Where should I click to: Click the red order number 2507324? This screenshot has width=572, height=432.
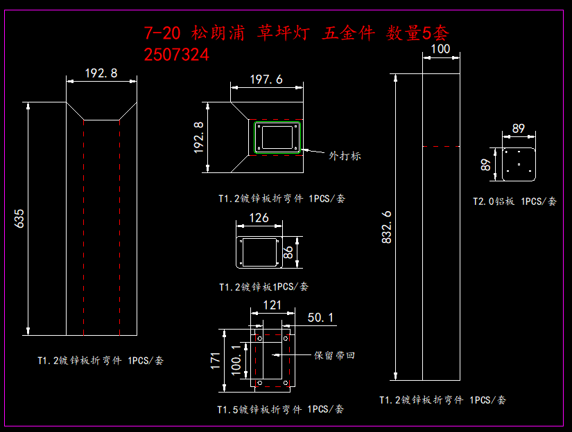tap(177, 54)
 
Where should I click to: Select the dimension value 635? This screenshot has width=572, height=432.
tap(19, 219)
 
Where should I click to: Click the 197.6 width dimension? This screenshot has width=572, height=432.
tap(266, 80)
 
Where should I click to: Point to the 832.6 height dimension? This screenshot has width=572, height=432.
tap(386, 226)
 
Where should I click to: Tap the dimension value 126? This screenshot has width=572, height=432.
tap(259, 218)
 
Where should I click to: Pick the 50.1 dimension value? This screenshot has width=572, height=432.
tap(320, 317)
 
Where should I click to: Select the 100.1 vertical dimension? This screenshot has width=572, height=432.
tap(236, 358)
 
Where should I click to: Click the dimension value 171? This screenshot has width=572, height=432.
tap(216, 359)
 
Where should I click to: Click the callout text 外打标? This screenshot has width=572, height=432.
tap(345, 156)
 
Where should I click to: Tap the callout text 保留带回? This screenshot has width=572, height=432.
tap(334, 355)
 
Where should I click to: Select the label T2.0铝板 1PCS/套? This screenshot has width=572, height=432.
tap(514, 201)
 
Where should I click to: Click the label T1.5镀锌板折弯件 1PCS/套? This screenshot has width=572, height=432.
tap(280, 409)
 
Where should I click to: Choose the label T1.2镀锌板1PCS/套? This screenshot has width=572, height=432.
tap(263, 286)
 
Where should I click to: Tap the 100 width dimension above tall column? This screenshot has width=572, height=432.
tap(440, 48)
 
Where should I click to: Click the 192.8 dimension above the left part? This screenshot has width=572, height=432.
tap(101, 73)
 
